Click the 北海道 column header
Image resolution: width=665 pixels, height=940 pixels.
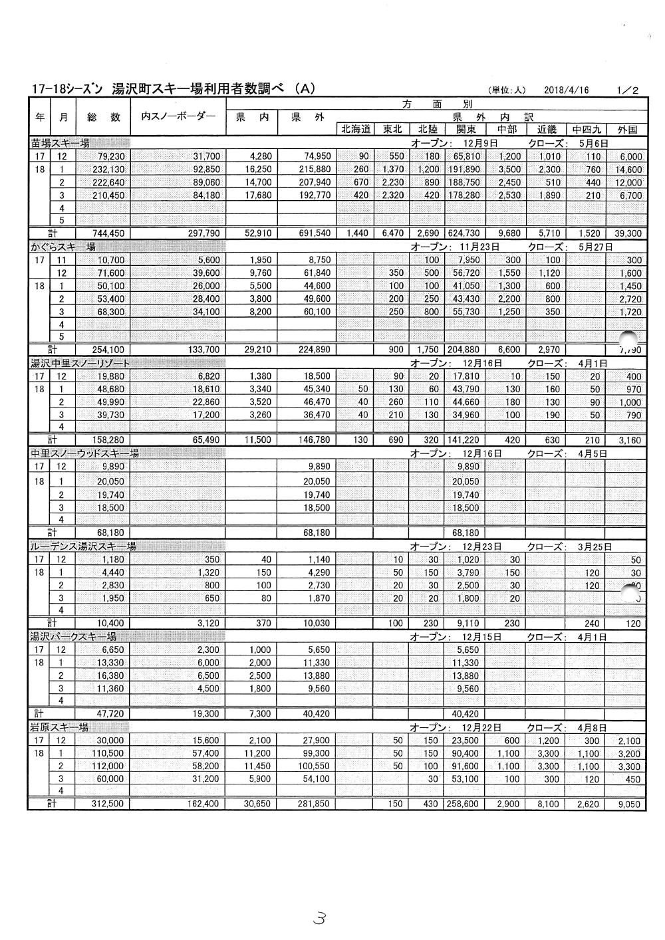(x=356, y=130)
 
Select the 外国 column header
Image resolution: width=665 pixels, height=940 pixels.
(x=627, y=130)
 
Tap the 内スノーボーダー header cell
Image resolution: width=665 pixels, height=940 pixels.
(x=178, y=116)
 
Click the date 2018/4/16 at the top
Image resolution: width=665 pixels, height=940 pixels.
(x=566, y=90)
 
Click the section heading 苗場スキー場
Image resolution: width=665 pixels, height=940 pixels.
(x=61, y=142)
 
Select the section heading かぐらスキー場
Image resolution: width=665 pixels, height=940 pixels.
(x=63, y=247)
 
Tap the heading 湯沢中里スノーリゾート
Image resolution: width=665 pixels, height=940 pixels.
(x=80, y=363)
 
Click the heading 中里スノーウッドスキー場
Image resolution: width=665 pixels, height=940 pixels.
(x=84, y=453)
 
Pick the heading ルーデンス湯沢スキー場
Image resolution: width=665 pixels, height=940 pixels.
(x=83, y=546)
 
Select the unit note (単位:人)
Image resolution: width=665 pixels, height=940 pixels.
(x=507, y=90)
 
